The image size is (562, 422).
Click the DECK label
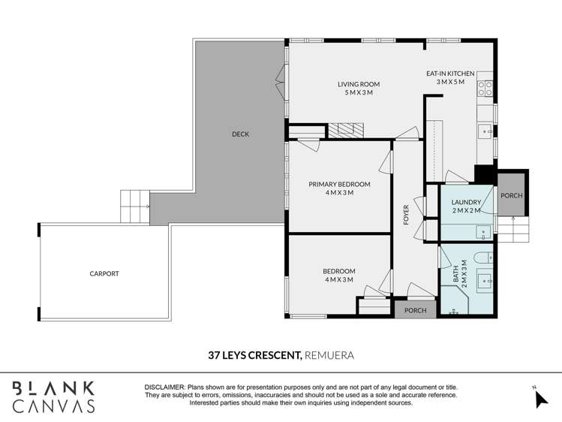click(x=240, y=134)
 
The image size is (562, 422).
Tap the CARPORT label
click(x=104, y=274)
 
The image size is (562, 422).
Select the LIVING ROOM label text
click(x=359, y=88)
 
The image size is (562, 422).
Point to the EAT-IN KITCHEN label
click(x=450, y=77)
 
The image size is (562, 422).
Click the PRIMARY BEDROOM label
click(x=340, y=188)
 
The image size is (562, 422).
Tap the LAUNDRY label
click(x=466, y=206)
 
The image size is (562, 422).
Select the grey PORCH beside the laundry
click(x=512, y=195)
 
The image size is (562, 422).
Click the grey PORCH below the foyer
click(x=415, y=310)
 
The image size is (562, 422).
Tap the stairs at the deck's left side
click(x=135, y=205)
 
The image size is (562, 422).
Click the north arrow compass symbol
click(x=540, y=397)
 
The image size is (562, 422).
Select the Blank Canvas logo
click(x=53, y=396)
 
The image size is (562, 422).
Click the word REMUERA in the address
click(x=329, y=354)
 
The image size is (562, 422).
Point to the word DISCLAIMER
click(x=164, y=387)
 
